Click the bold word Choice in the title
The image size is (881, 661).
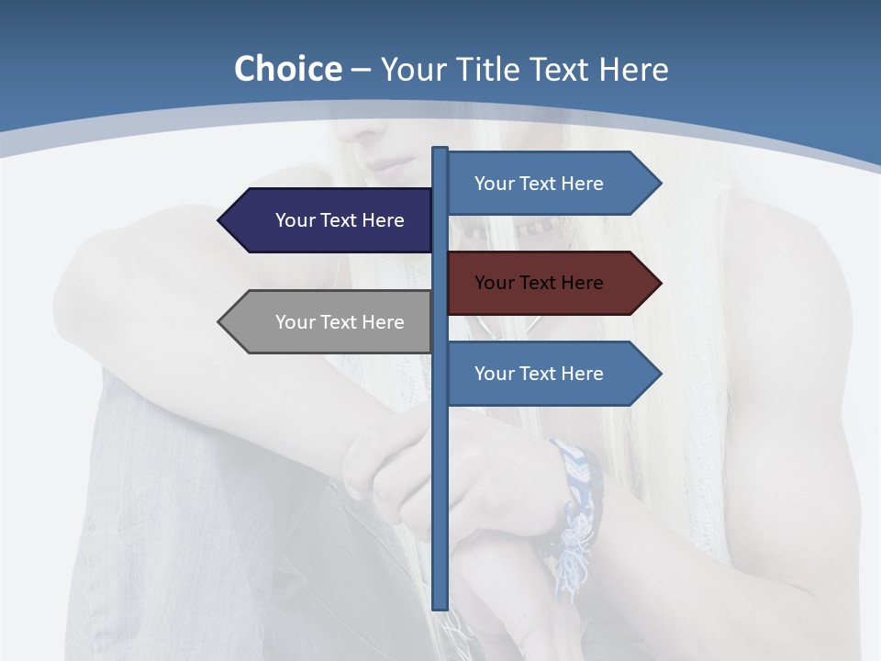(x=287, y=69)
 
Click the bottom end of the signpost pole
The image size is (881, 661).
(x=440, y=605)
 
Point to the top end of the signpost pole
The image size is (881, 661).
(x=440, y=151)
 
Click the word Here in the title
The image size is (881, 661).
(x=633, y=69)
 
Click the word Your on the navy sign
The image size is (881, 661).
(x=295, y=220)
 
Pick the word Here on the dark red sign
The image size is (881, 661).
(x=583, y=283)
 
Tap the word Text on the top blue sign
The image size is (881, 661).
(x=539, y=184)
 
